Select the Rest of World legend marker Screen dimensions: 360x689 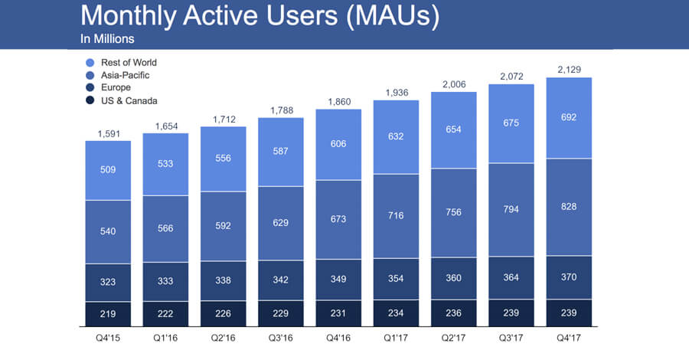(x=91, y=62)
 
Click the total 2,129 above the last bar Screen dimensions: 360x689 (x=569, y=70)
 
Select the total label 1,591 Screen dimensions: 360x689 (x=108, y=133)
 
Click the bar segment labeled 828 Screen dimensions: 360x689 (x=569, y=207)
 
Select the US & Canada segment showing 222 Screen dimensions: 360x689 (x=165, y=313)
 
